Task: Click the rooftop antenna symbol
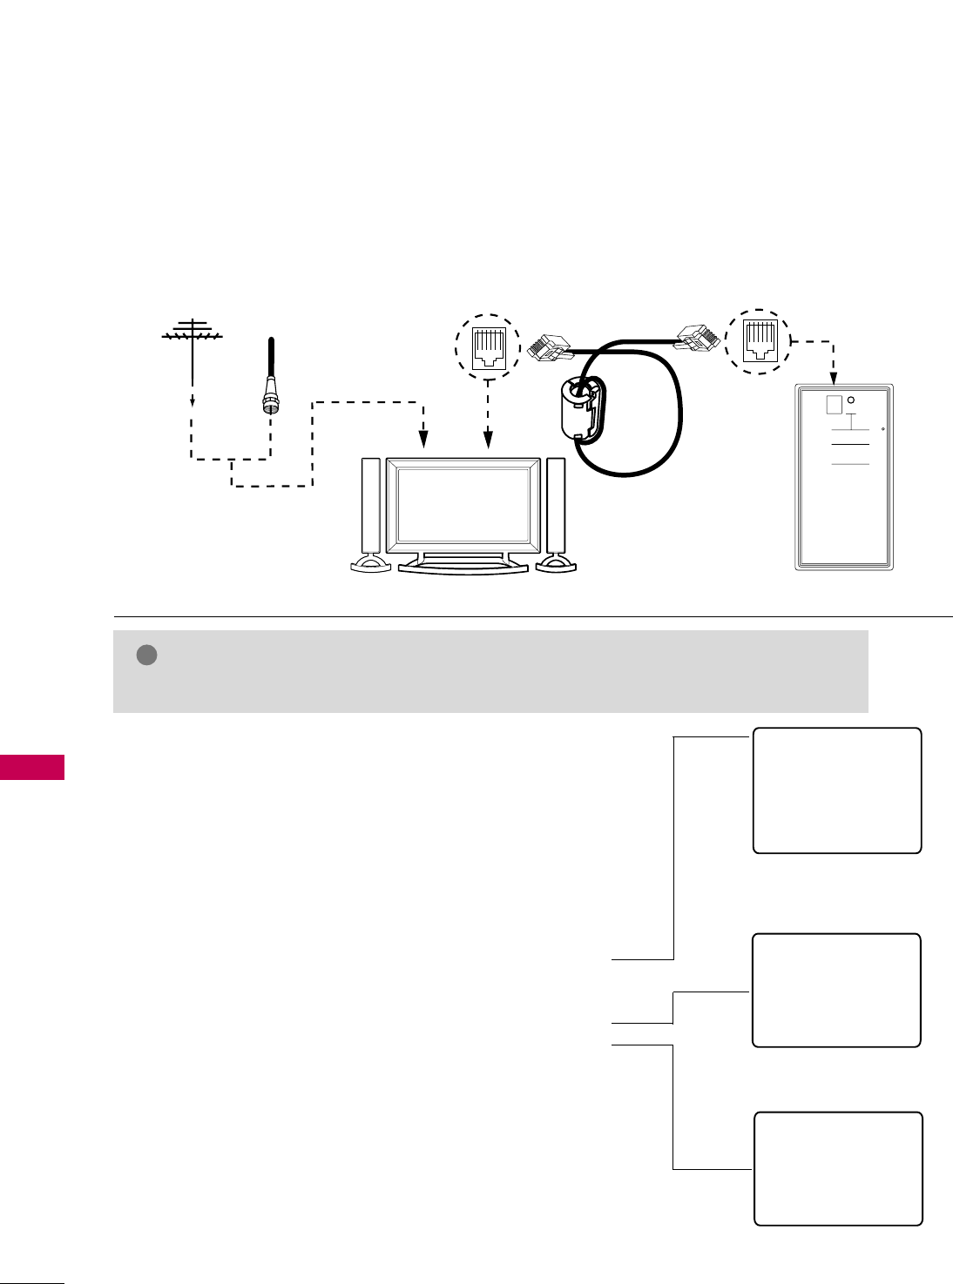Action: pyautogui.click(x=193, y=333)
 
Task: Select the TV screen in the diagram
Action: pyautogui.click(x=463, y=505)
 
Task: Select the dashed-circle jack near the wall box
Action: pyautogui.click(x=758, y=341)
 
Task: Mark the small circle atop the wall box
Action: pyautogui.click(x=851, y=400)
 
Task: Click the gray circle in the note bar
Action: pyautogui.click(x=146, y=655)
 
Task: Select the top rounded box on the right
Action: pyautogui.click(x=836, y=790)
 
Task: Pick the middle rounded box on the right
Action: pyautogui.click(x=836, y=990)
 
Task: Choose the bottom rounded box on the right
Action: pyautogui.click(x=838, y=1168)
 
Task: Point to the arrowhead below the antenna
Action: pyautogui.click(x=193, y=402)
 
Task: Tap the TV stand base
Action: pyautogui.click(x=463, y=566)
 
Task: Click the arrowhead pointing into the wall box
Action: pyautogui.click(x=834, y=380)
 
